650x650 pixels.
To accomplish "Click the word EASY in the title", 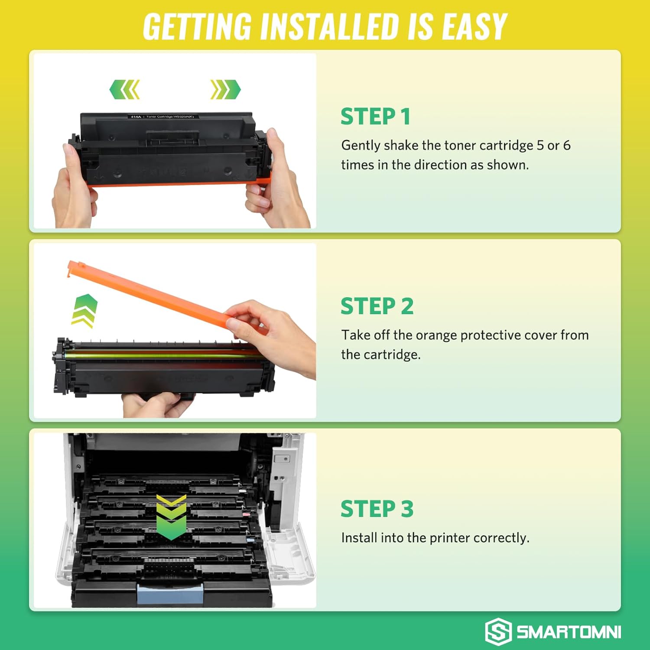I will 474,27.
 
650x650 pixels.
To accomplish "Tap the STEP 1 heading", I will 375,117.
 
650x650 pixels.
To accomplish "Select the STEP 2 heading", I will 377,306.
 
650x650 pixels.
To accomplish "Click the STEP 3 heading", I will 377,509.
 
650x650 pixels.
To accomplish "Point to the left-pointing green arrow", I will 125,89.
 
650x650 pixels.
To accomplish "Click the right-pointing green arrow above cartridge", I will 225,89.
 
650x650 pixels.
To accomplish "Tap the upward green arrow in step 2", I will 84,310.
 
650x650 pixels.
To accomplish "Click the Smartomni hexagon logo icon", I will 498,631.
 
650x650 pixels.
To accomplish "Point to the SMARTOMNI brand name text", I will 569,632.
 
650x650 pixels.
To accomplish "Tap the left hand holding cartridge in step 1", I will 74,186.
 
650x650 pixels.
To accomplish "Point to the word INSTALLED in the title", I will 329,27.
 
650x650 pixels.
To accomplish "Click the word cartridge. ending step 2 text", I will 392,355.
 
